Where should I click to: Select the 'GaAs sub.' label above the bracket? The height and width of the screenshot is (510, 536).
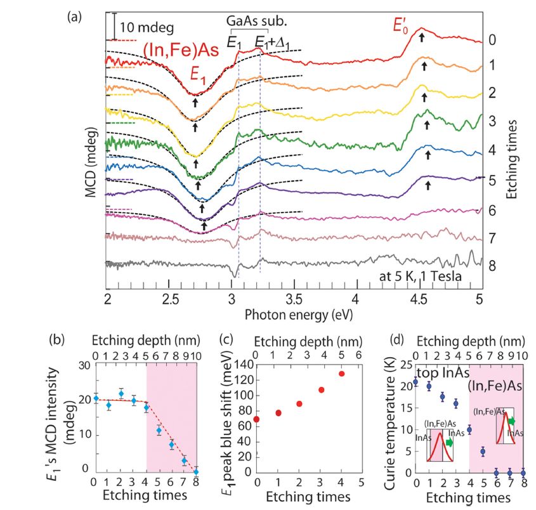tap(257, 20)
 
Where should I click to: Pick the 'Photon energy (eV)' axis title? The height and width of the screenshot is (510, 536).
tap(294, 313)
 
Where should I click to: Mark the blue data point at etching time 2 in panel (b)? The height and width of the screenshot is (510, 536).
tap(121, 394)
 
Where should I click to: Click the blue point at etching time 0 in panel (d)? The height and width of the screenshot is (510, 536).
tap(415, 382)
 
